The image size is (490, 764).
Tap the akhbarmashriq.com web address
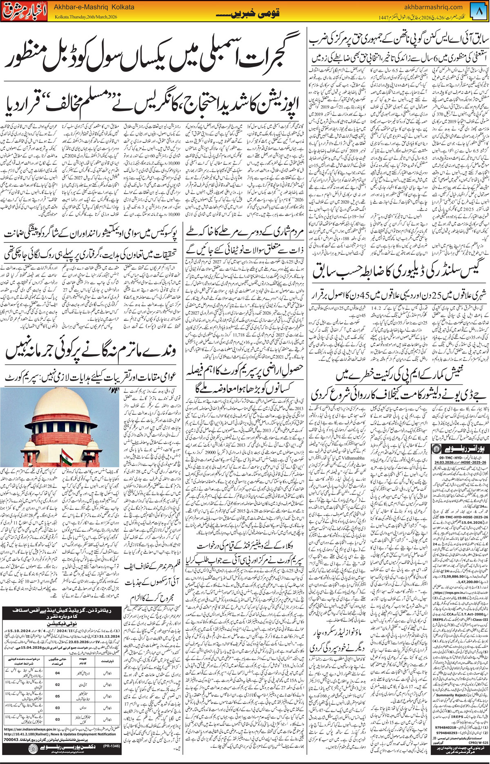coord(434,7)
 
